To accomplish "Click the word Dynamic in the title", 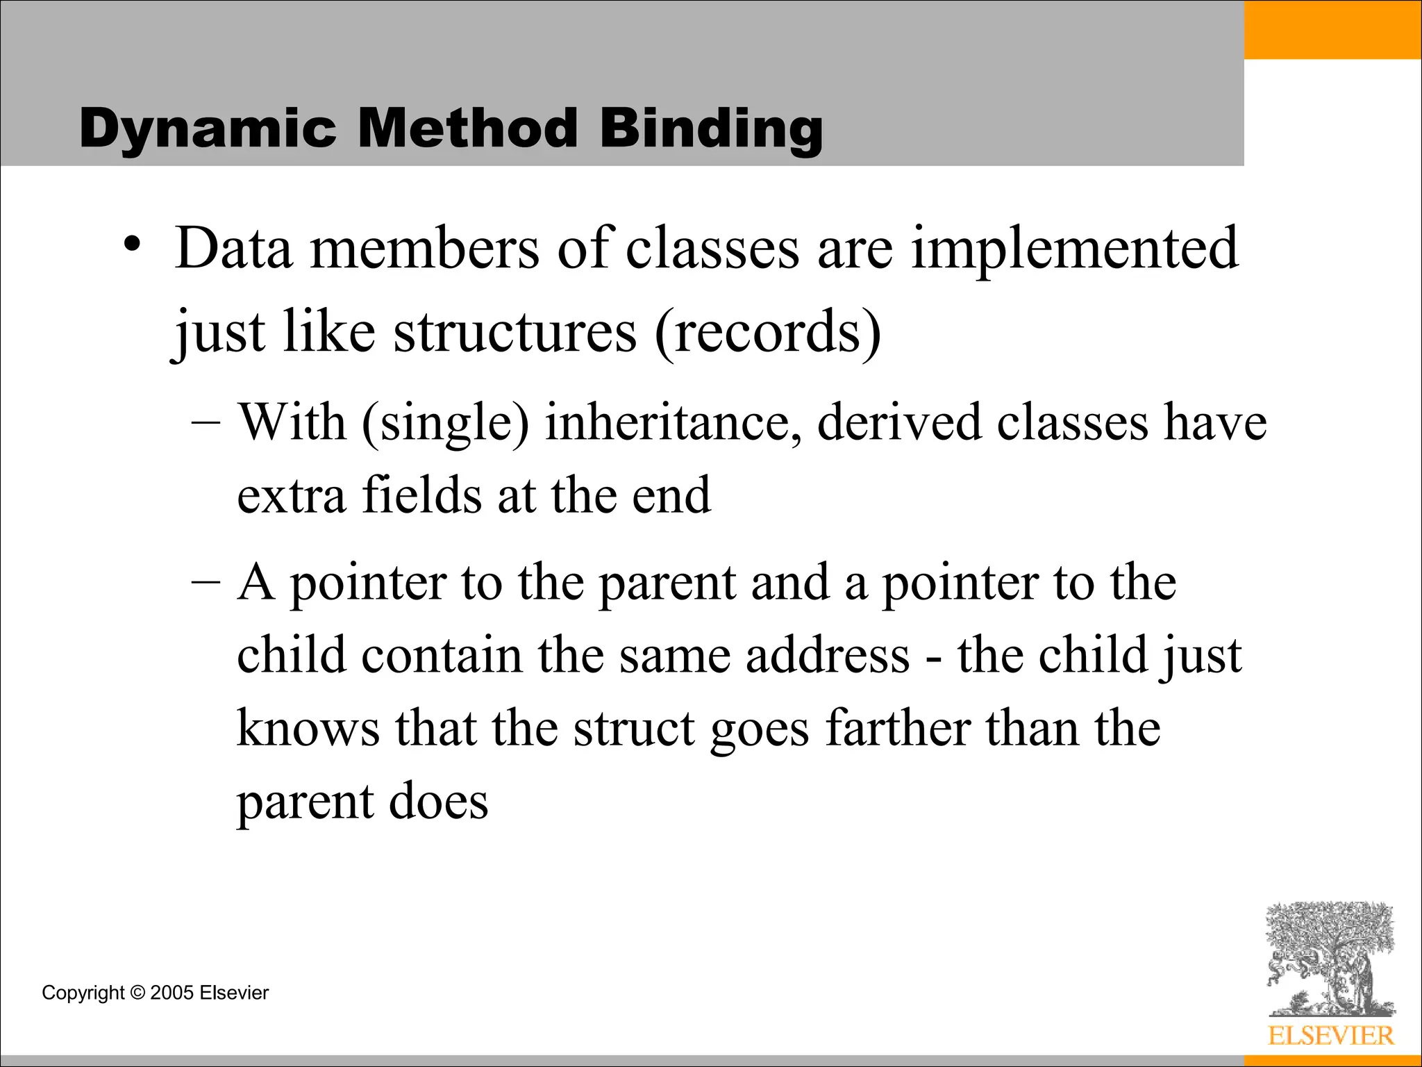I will click(x=208, y=129).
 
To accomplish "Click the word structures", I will click(x=515, y=332).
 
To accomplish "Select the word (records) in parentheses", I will click(x=768, y=332).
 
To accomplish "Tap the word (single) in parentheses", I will click(x=445, y=423).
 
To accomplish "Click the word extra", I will click(x=291, y=495).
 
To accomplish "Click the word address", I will click(x=827, y=655).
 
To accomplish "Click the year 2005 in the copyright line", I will click(x=172, y=993).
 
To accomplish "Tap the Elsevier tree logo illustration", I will click(x=1330, y=959).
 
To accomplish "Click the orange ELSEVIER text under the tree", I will click(x=1330, y=1036).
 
